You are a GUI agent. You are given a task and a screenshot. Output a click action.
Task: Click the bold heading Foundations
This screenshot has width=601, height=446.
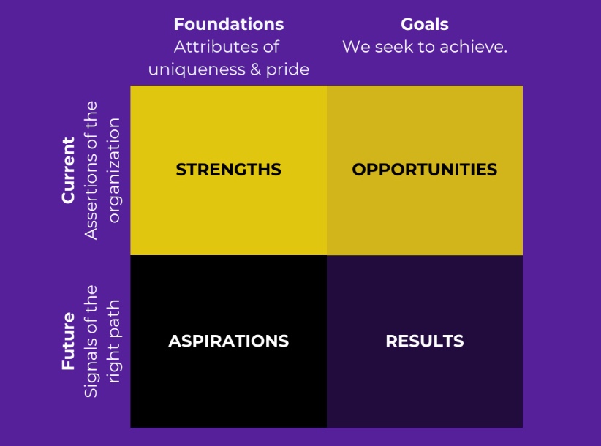click(x=229, y=24)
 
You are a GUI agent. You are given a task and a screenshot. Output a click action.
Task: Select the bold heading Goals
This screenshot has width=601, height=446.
click(x=425, y=24)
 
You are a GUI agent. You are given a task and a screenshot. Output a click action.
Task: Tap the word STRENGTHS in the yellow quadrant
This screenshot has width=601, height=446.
click(x=229, y=170)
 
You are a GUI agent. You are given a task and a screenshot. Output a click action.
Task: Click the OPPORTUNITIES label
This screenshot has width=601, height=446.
click(x=425, y=170)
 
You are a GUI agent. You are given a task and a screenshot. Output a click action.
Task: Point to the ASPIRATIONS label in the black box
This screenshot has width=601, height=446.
click(x=229, y=341)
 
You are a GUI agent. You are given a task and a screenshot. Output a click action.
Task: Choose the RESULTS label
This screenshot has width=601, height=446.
click(x=425, y=341)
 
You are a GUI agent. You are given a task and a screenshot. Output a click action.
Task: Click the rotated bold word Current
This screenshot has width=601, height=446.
click(x=68, y=170)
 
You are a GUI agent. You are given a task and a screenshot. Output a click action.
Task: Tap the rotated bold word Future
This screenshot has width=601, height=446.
click(x=68, y=341)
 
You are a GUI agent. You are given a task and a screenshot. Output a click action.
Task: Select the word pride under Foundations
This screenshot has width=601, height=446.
click(x=288, y=70)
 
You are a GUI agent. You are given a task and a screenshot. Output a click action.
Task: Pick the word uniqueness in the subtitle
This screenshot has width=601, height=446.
click(x=197, y=70)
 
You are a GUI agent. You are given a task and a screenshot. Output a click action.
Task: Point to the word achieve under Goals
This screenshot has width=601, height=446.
click(x=474, y=47)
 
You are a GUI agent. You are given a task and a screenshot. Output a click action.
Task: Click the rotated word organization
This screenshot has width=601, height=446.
click(x=114, y=170)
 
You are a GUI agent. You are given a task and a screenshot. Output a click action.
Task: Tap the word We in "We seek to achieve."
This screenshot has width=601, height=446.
click(x=356, y=47)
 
